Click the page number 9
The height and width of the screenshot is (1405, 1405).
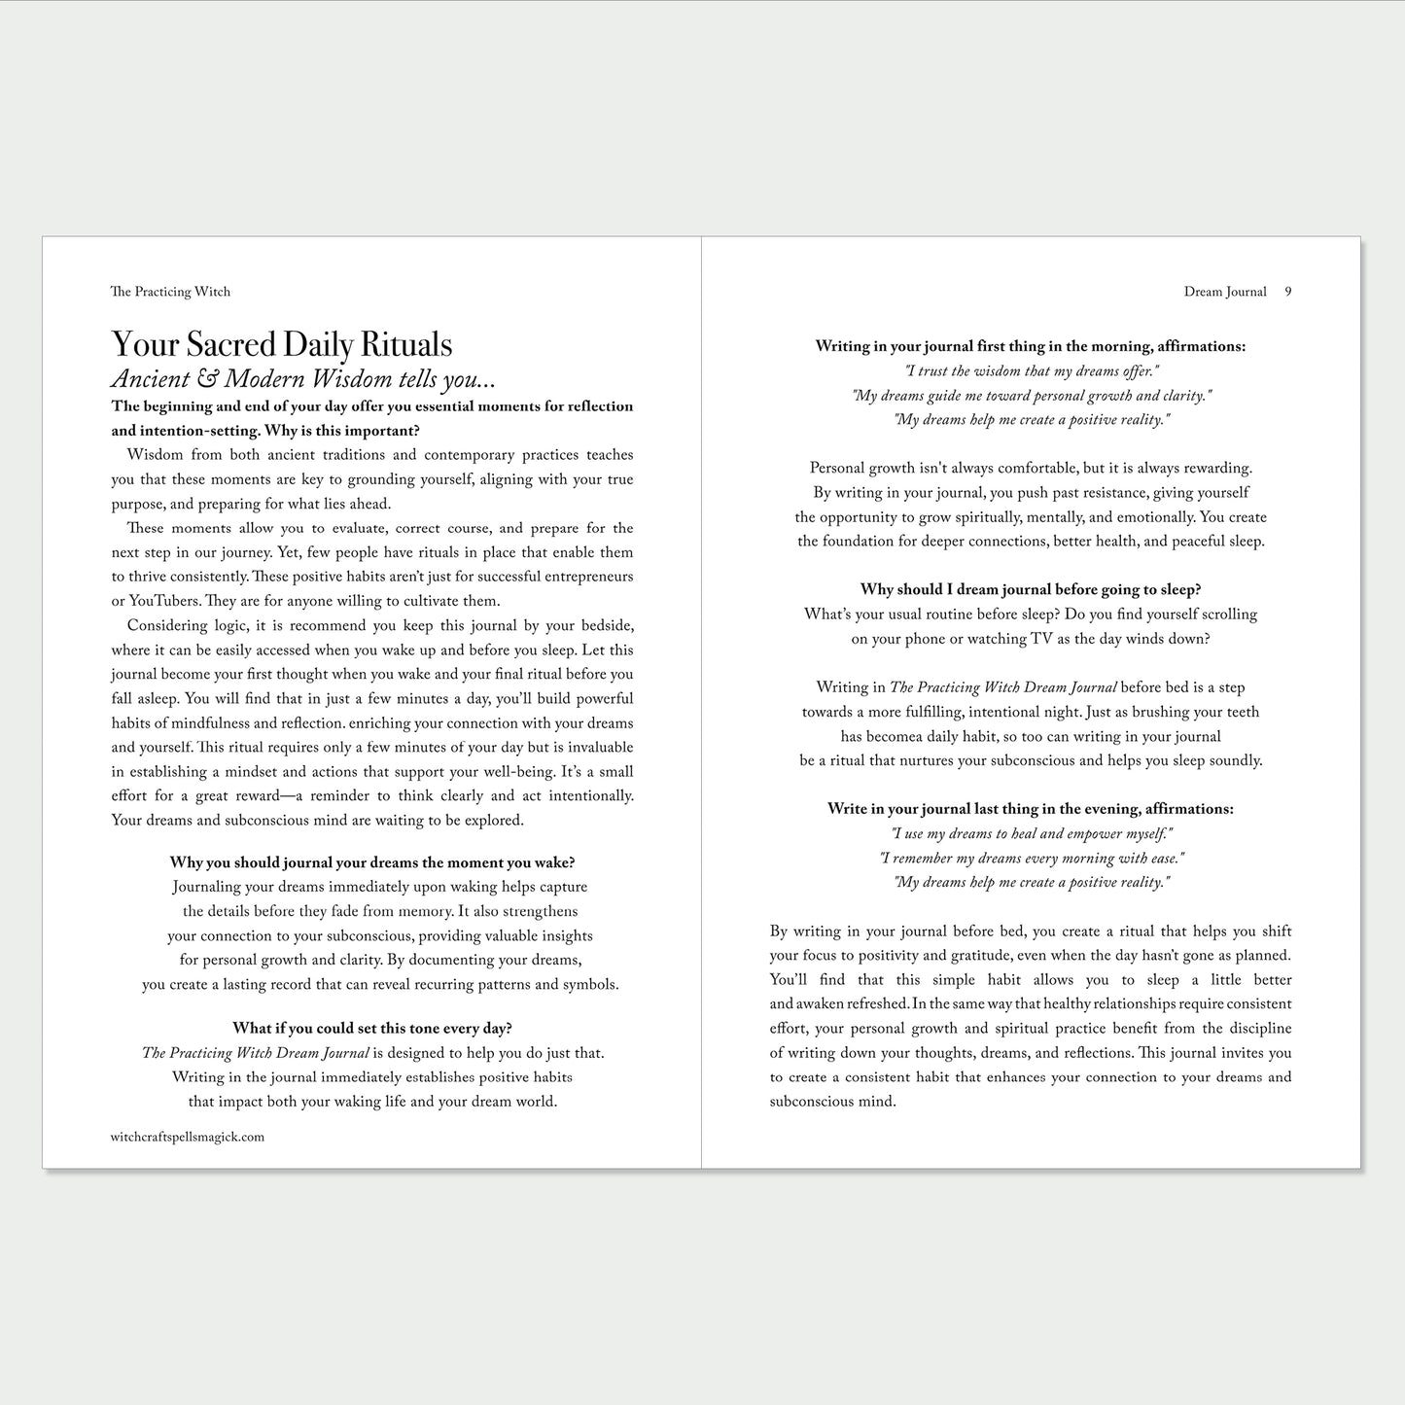pos(1287,292)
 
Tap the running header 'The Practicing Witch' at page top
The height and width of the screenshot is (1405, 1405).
pos(170,292)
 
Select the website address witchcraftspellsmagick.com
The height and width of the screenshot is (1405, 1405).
pos(188,1137)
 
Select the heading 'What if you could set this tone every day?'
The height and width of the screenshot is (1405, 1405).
pos(372,1028)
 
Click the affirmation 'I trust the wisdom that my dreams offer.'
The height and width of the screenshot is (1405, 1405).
pos(1031,370)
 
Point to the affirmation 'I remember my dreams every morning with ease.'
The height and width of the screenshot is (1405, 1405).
pos(1031,858)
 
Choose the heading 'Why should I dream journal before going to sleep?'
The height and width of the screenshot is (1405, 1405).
pos(1031,589)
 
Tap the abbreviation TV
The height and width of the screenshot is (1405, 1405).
pos(1042,639)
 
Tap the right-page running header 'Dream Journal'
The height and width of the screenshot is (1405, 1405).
pos(1225,292)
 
